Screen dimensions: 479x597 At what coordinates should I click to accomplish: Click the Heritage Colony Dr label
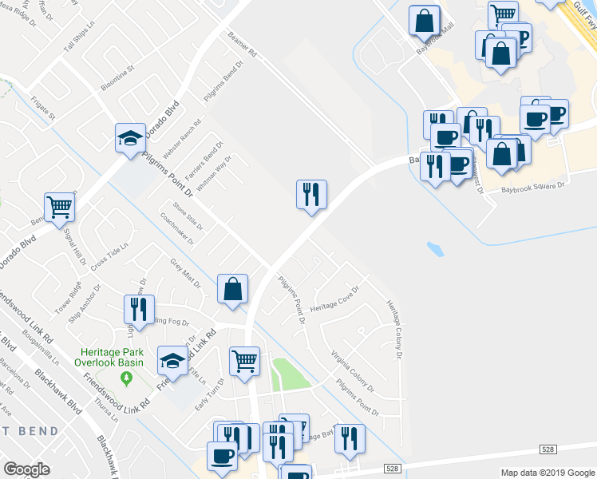point(393,329)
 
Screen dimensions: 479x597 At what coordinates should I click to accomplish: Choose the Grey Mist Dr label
point(185,274)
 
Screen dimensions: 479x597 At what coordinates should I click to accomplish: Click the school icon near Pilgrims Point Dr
point(130,137)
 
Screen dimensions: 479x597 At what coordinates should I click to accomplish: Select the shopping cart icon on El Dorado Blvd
point(59,208)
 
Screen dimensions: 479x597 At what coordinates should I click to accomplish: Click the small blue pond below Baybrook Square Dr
point(436,249)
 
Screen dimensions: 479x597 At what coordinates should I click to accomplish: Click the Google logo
point(26,469)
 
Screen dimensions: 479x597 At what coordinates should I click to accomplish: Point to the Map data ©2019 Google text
point(548,473)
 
